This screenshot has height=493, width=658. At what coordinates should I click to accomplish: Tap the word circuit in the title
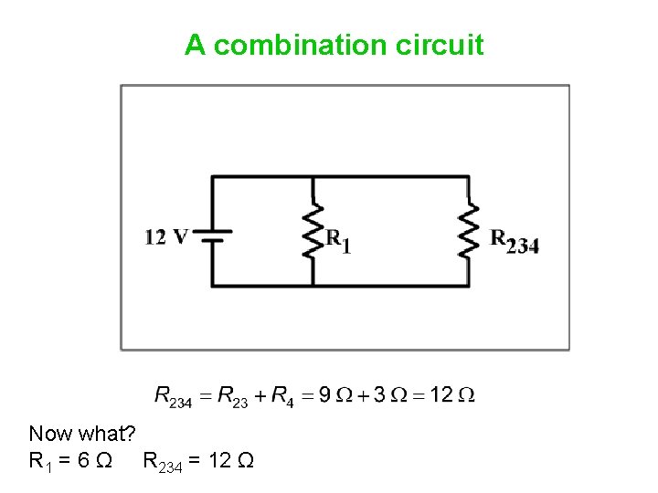[440, 45]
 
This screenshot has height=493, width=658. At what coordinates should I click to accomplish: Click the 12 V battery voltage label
[165, 237]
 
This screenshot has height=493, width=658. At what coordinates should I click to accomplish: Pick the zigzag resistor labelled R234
[469, 231]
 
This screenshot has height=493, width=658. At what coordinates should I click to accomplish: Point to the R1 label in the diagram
[339, 241]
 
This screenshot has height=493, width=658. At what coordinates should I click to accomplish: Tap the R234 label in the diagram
[515, 241]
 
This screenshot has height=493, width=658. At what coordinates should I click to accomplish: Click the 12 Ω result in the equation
[452, 395]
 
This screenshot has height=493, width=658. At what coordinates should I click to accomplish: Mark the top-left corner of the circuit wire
[213, 177]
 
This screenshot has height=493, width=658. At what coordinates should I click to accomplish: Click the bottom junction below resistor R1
[314, 286]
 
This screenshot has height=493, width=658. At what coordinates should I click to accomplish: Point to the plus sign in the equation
[260, 395]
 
